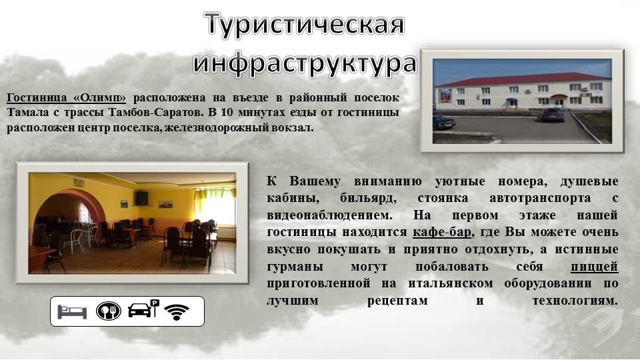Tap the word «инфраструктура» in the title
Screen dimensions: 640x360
coord(305,63)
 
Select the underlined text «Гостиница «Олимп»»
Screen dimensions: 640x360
coord(66,98)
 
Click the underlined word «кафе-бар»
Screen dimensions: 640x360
coord(442,232)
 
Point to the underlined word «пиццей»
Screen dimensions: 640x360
coord(594,267)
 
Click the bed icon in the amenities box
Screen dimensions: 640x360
coord(72,311)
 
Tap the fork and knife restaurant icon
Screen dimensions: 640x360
coord(108,311)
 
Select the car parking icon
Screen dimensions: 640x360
coord(143,309)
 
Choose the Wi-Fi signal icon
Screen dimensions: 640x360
coord(177,312)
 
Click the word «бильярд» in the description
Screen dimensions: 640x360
coord(368,199)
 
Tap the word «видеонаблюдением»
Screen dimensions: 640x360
coord(329,215)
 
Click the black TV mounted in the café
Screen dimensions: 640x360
coord(141,198)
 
